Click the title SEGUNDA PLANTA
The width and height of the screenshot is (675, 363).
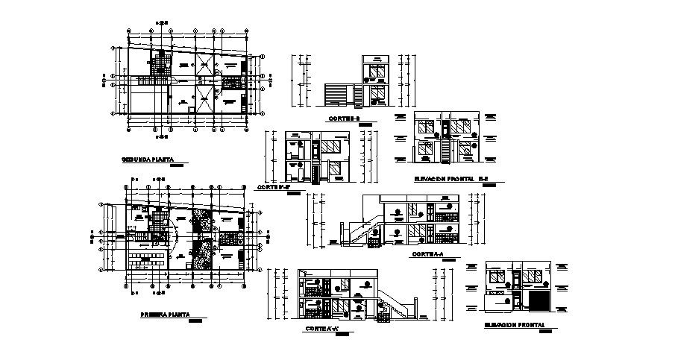coord(148,160)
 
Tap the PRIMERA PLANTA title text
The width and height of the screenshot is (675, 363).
coord(165,315)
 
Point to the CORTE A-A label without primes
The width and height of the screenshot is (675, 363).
coord(427,254)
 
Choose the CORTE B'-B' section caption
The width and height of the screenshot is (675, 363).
coord(273,186)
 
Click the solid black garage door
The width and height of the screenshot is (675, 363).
coord(539,299)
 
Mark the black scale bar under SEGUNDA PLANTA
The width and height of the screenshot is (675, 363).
coord(178,166)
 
